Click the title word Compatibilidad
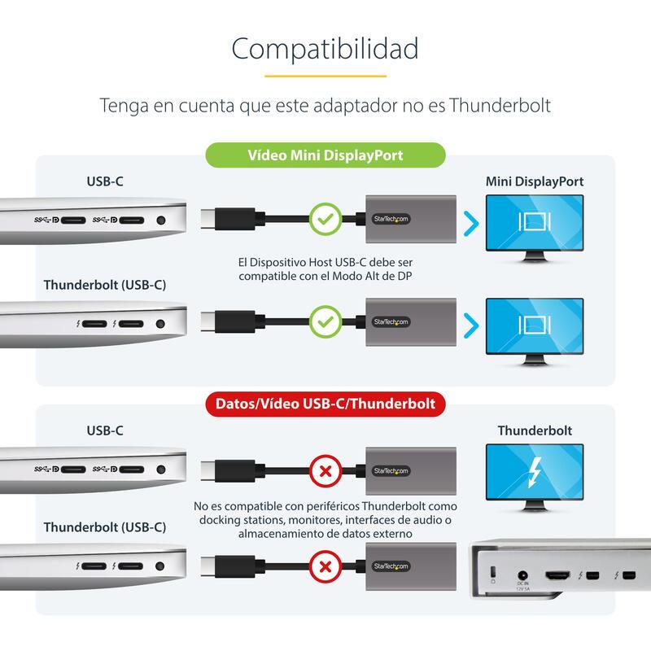point(325,50)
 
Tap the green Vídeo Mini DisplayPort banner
point(325,155)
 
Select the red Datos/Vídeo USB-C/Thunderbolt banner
point(325,404)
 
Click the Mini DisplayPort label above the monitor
point(535,181)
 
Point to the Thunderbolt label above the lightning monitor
point(535,430)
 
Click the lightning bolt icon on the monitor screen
point(535,472)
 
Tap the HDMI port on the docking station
point(557,575)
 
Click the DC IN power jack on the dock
point(522,575)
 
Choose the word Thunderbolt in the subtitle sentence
point(500,106)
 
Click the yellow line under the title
point(325,76)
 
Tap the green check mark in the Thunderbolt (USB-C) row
point(325,321)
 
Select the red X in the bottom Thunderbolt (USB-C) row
point(325,566)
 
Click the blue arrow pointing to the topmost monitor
point(471,224)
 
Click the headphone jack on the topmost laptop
point(161,220)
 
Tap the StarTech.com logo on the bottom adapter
point(391,566)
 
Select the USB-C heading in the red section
point(105,430)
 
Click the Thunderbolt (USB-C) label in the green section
point(105,285)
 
